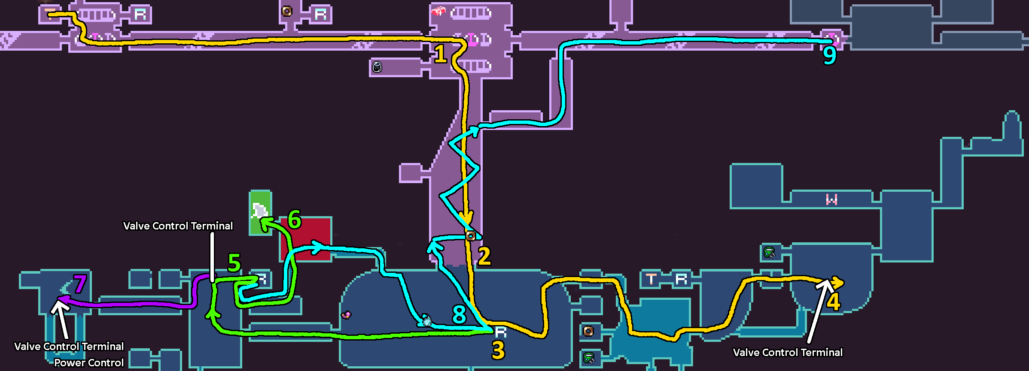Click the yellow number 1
click(440, 54)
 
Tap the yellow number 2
click(484, 256)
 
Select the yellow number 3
click(498, 350)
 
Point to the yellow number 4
click(834, 302)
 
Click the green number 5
click(234, 262)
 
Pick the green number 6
click(295, 220)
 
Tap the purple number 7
click(80, 284)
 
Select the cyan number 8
click(460, 314)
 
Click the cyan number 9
click(830, 55)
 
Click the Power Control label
click(89, 363)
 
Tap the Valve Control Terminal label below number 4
click(788, 353)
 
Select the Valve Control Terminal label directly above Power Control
click(69, 347)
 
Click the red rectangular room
click(306, 238)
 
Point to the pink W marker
click(832, 199)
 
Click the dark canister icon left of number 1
click(377, 67)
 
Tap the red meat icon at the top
click(438, 11)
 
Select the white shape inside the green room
click(259, 211)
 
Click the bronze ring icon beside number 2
click(471, 235)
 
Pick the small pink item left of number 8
click(346, 315)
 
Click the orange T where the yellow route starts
click(50, 13)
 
